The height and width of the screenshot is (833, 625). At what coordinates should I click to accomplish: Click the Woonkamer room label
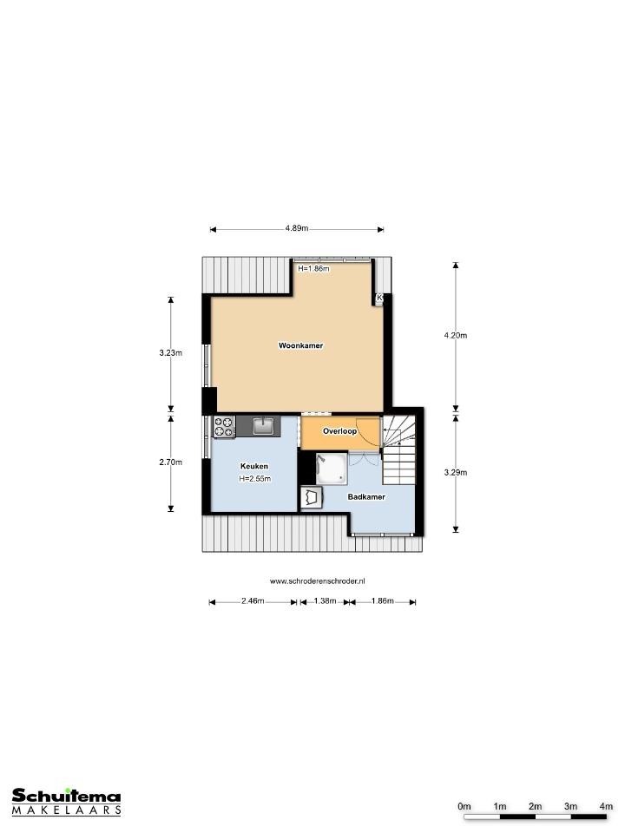coord(301,345)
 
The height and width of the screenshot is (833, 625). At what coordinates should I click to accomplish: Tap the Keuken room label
coord(254,466)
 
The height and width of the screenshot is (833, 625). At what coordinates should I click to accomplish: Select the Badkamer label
coord(366,496)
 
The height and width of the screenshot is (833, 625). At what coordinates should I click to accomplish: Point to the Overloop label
coord(339,431)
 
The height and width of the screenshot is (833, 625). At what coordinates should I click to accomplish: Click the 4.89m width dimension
coord(297,228)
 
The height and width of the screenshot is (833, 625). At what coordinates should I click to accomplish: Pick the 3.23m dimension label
coord(171,352)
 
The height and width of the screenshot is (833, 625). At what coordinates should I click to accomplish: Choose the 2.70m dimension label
coord(171,462)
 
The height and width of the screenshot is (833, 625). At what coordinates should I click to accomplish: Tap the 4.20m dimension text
coord(456,335)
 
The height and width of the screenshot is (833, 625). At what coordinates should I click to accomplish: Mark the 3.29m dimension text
coord(456,472)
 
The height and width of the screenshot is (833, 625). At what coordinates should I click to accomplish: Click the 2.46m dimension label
coord(253,600)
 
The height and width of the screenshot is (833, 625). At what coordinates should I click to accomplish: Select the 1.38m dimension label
coord(325,600)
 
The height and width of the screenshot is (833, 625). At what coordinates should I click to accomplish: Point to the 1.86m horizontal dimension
coord(383,600)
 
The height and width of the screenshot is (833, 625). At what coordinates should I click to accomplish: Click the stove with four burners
coord(224,427)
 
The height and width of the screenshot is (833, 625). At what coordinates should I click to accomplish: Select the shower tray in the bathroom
coord(332,469)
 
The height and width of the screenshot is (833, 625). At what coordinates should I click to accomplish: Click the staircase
coord(398,450)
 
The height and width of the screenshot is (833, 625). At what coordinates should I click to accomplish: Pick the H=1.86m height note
coord(313,269)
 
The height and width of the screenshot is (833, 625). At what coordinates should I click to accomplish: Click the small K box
coord(379,298)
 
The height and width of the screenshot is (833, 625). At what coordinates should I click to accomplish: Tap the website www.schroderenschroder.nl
coord(318,581)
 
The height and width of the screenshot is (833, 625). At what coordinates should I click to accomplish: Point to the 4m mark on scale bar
coord(606,806)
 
